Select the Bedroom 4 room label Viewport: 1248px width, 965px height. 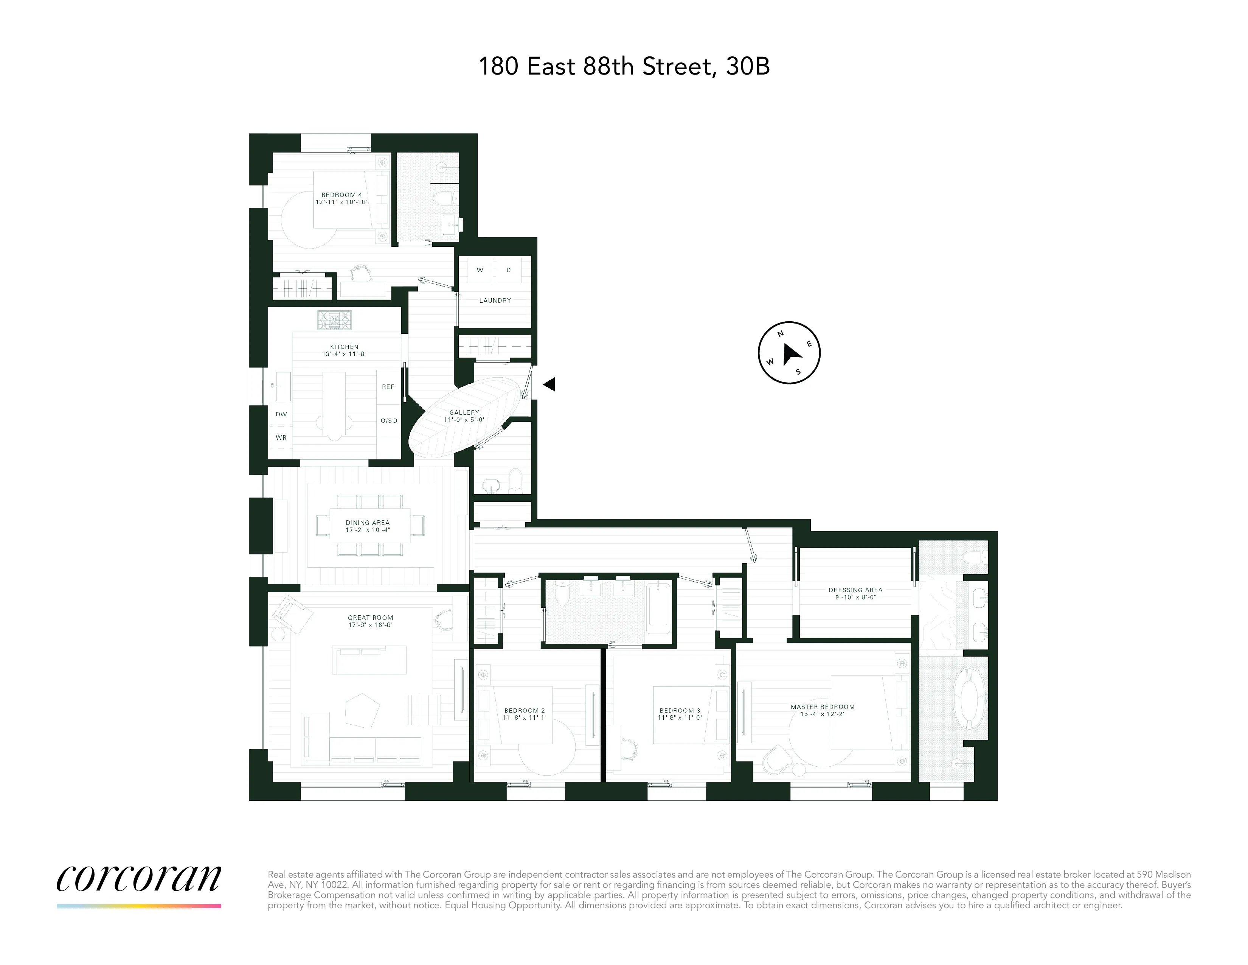point(341,195)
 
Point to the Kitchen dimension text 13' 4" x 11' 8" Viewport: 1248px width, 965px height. point(344,354)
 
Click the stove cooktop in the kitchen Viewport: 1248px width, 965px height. point(334,320)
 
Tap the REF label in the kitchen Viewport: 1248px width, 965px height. point(387,387)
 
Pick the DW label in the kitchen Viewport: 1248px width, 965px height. point(281,414)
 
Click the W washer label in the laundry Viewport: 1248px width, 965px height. point(480,270)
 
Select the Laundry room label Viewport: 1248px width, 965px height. point(495,300)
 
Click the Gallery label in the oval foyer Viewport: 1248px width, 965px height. point(464,412)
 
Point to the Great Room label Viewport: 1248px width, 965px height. point(370,618)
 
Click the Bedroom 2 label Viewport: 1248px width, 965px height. point(524,711)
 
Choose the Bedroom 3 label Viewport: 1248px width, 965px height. point(680,711)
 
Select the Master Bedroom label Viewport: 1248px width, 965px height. point(822,707)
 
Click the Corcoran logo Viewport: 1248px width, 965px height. point(139,879)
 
